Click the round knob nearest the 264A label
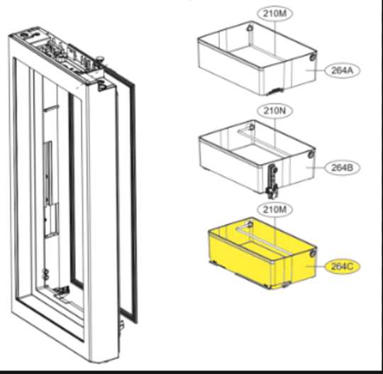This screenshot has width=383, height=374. click(313, 57)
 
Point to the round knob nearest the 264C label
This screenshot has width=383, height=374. click(313, 251)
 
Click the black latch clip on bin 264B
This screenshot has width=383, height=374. click(270, 181)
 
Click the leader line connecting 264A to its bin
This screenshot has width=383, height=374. click(318, 71)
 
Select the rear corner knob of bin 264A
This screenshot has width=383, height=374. click(250, 28)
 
